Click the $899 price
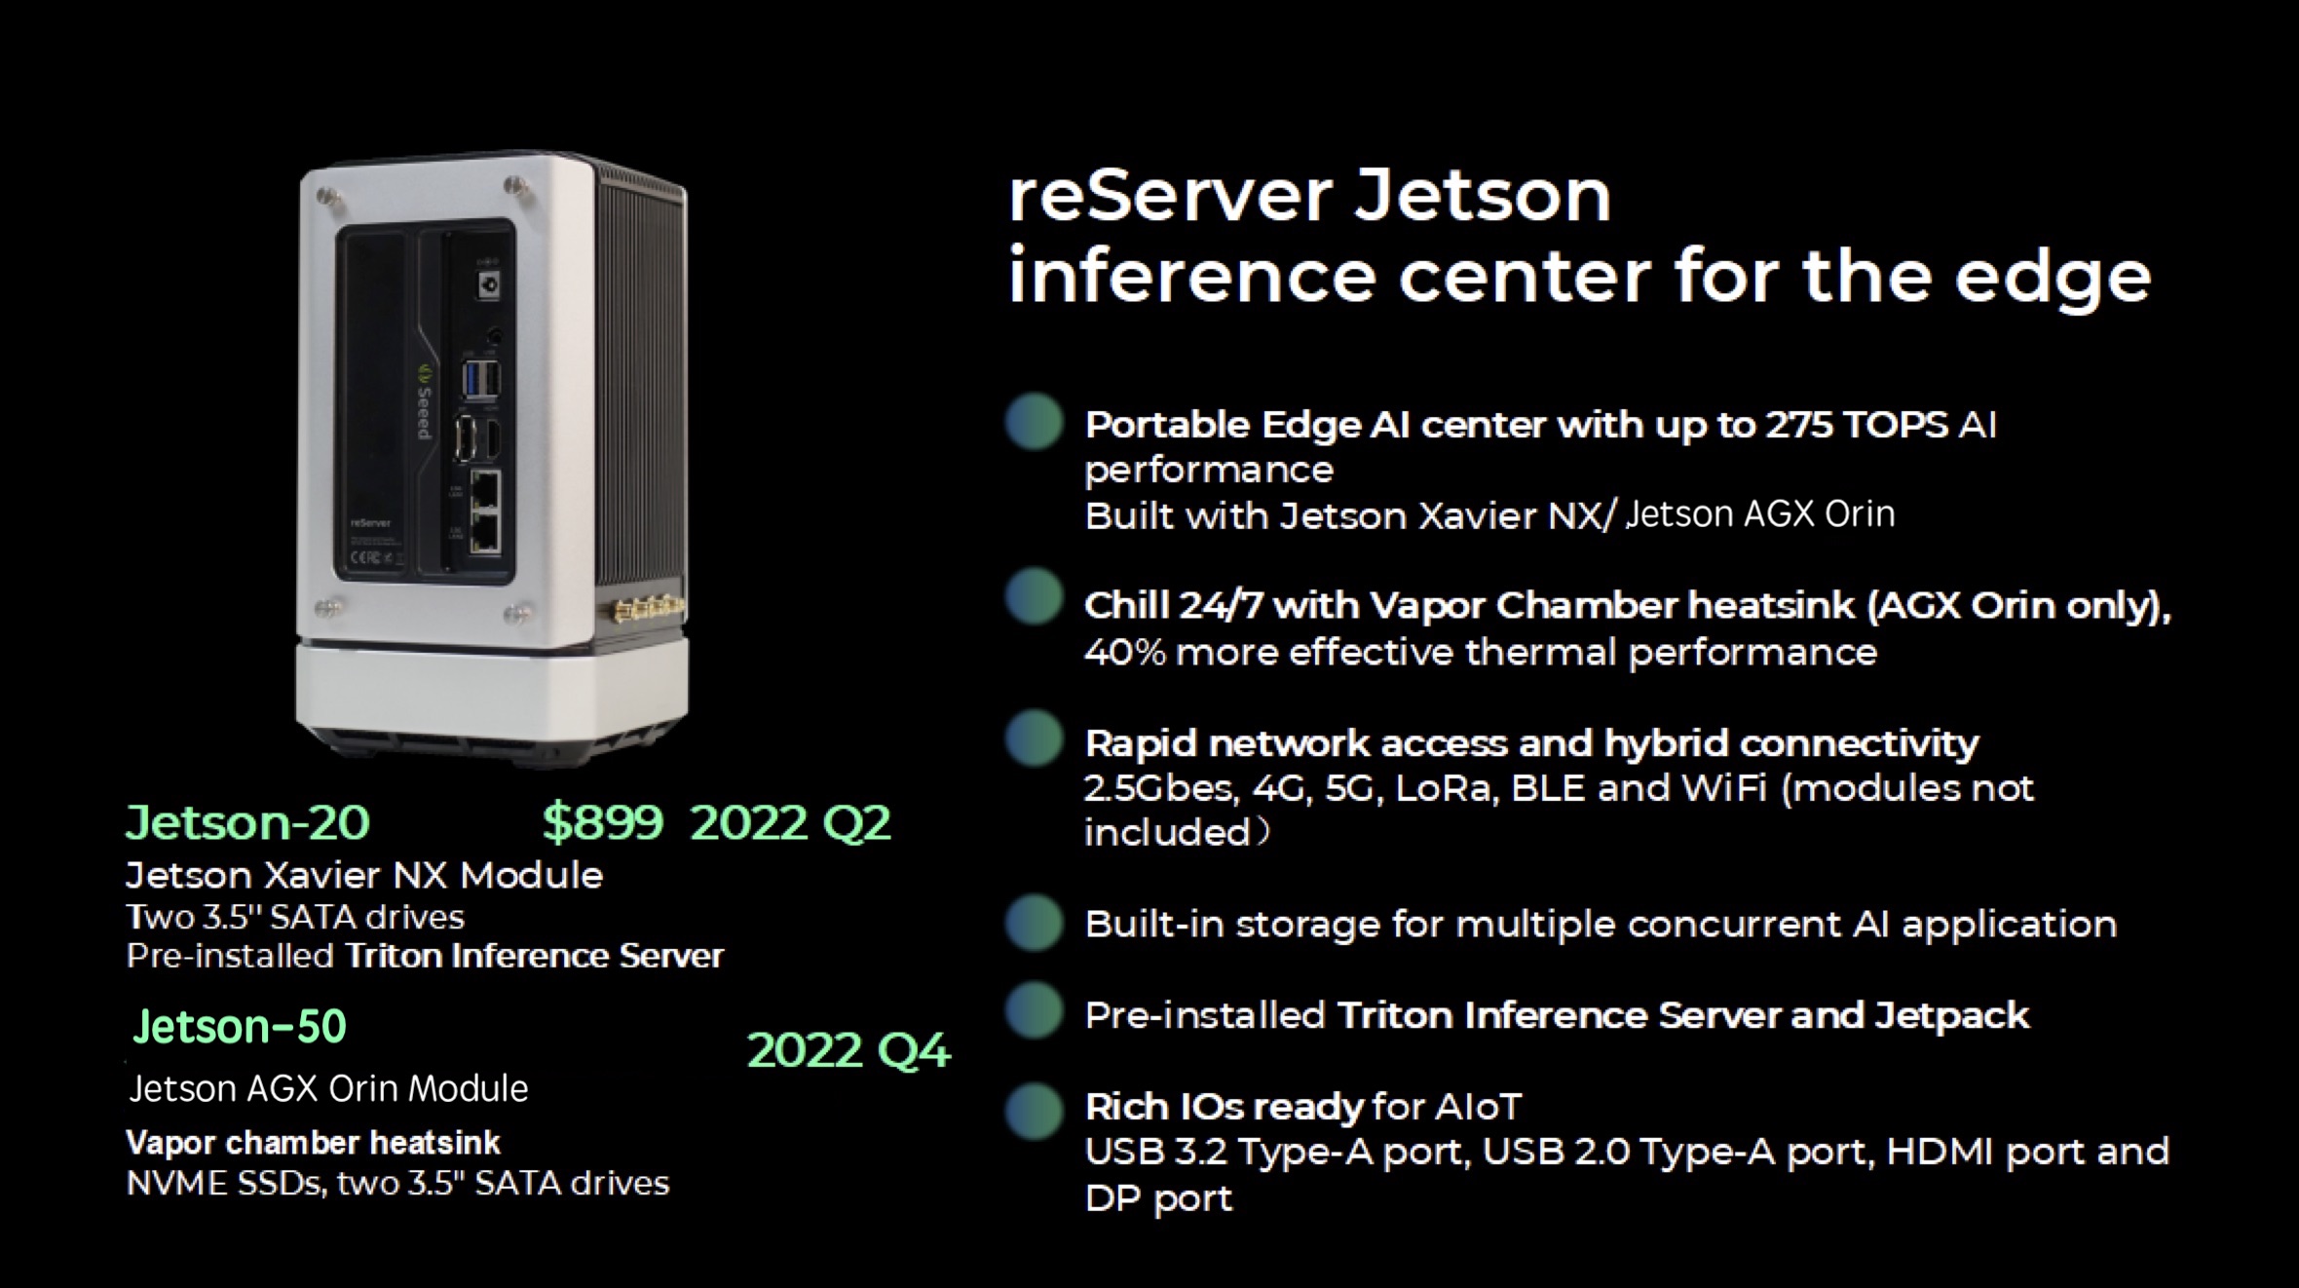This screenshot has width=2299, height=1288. click(x=602, y=822)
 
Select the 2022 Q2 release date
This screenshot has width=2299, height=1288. click(x=790, y=822)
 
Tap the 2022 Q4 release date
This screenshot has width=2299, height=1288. click(x=848, y=1050)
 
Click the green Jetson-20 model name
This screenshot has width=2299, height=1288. click(x=247, y=822)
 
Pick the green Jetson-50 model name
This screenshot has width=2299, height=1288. click(x=240, y=1026)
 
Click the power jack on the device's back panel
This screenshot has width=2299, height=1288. click(x=488, y=285)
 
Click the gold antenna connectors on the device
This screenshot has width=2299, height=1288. click(x=648, y=611)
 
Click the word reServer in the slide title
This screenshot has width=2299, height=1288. click(x=1169, y=196)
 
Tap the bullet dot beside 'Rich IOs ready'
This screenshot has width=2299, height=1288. click(x=1035, y=1110)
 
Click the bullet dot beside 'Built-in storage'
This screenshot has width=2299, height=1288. click(x=1035, y=923)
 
